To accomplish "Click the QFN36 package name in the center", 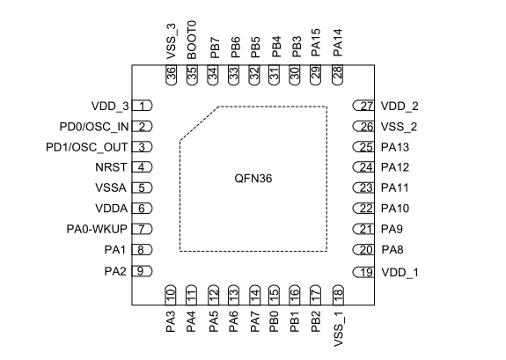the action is (253, 179).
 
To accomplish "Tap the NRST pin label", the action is (111, 167).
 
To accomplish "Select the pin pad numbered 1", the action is (142, 106).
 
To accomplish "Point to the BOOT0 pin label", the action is (192, 40).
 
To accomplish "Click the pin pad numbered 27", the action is (363, 106).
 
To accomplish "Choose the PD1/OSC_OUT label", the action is (87, 147).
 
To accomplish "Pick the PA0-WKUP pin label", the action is (97, 229).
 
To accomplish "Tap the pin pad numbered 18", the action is (338, 295).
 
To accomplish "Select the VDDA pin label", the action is (112, 209).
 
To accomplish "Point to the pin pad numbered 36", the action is (171, 75).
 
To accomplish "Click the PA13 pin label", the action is (395, 147).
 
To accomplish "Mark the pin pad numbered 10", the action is (171, 295).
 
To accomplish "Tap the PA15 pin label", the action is (316, 42).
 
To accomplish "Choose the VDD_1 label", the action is (400, 273).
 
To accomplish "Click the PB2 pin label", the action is (316, 321).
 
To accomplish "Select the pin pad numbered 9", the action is (142, 271).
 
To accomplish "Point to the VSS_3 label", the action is (172, 41).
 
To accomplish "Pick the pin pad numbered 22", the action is (363, 209).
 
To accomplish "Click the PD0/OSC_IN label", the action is (94, 127).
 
